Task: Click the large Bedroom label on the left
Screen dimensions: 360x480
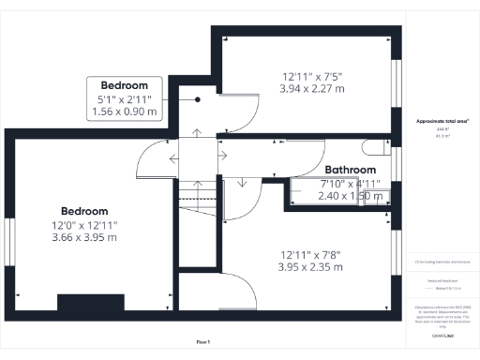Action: coord(84,211)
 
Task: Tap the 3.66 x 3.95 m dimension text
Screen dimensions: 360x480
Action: coord(84,237)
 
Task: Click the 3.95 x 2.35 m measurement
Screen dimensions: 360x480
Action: coord(312,267)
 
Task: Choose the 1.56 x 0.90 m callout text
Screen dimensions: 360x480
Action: coord(125,112)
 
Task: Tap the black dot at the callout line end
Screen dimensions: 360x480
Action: coord(198,98)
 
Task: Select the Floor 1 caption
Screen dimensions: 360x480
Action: coord(203,341)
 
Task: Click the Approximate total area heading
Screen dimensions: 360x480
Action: coord(442,121)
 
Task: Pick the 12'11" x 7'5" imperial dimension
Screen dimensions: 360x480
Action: coord(312,76)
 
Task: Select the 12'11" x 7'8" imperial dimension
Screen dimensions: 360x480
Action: coord(312,253)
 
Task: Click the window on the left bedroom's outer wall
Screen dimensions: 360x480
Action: coord(7,242)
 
